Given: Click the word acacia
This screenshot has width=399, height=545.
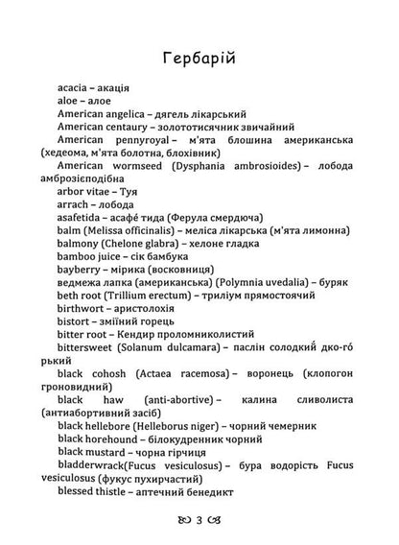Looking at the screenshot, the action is (x=78, y=98).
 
